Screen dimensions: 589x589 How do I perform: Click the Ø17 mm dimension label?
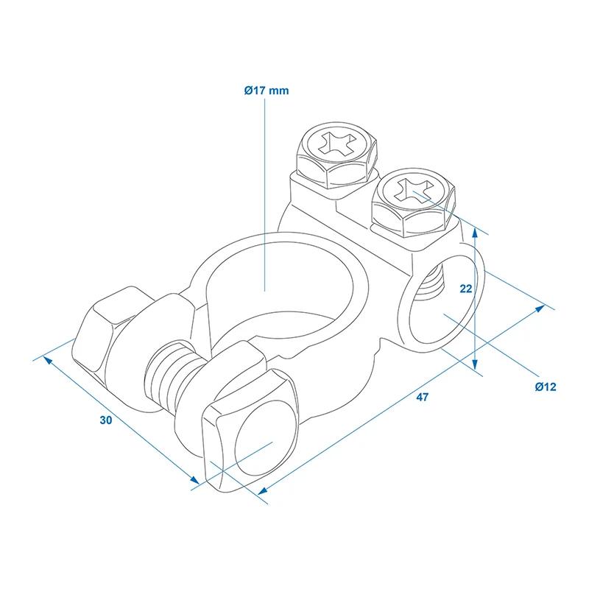coord(267,91)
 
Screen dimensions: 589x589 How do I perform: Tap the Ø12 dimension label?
coord(546,387)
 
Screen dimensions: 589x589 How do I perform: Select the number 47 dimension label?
coord(422,397)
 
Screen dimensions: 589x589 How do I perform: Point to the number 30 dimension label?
coord(106,420)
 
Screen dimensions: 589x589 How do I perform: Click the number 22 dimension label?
coord(466,289)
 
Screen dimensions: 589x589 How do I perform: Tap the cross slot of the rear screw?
coord(337,143)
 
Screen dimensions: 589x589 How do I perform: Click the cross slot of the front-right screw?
coord(415,191)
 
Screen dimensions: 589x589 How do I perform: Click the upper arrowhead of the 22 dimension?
coord(475,233)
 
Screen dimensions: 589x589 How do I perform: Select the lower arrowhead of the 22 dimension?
coord(475,363)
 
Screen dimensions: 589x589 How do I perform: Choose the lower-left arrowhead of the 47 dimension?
coord(263,490)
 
